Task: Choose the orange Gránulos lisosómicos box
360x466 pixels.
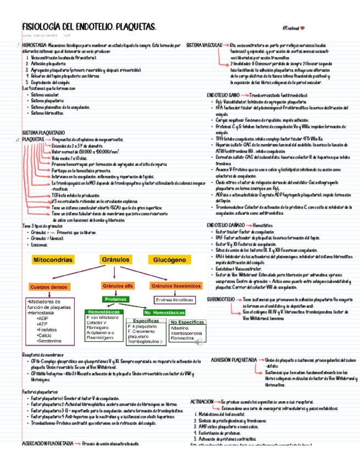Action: (x=174, y=286)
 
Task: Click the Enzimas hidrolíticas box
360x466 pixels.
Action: (x=174, y=299)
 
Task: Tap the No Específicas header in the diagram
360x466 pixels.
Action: (x=184, y=322)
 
